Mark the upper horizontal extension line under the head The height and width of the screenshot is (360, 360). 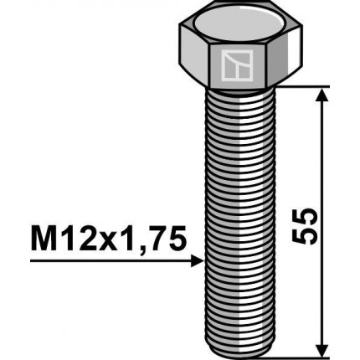(310, 86)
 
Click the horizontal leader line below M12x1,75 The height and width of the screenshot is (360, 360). (109, 261)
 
